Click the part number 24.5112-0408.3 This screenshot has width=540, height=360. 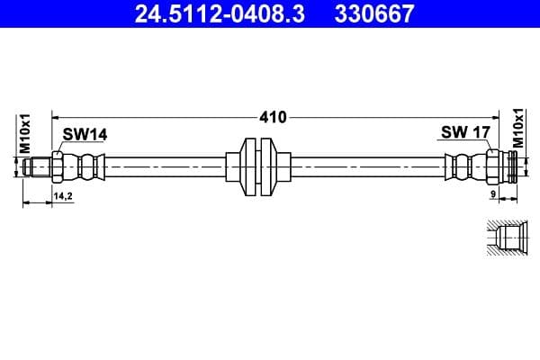pyautogui.click(x=205, y=13)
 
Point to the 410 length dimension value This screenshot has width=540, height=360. pyautogui.click(x=273, y=117)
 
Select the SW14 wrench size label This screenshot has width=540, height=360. pyautogui.click(x=85, y=134)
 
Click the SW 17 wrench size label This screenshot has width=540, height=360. pyautogui.click(x=464, y=133)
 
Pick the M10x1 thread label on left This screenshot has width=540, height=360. pyautogui.click(x=26, y=132)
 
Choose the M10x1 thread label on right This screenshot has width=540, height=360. pyautogui.click(x=518, y=129)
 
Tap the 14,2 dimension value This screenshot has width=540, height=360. pyautogui.click(x=63, y=195)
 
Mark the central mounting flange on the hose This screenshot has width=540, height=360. pyautogui.click(x=258, y=167)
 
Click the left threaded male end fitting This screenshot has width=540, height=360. pyautogui.click(x=37, y=167)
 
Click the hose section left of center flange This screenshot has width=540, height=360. pyautogui.click(x=166, y=167)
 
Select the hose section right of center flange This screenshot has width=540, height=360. pyautogui.click(x=369, y=167)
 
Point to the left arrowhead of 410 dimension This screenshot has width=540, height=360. pyautogui.click(x=57, y=117)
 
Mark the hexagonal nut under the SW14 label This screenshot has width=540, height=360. pyautogui.click(x=58, y=167)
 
